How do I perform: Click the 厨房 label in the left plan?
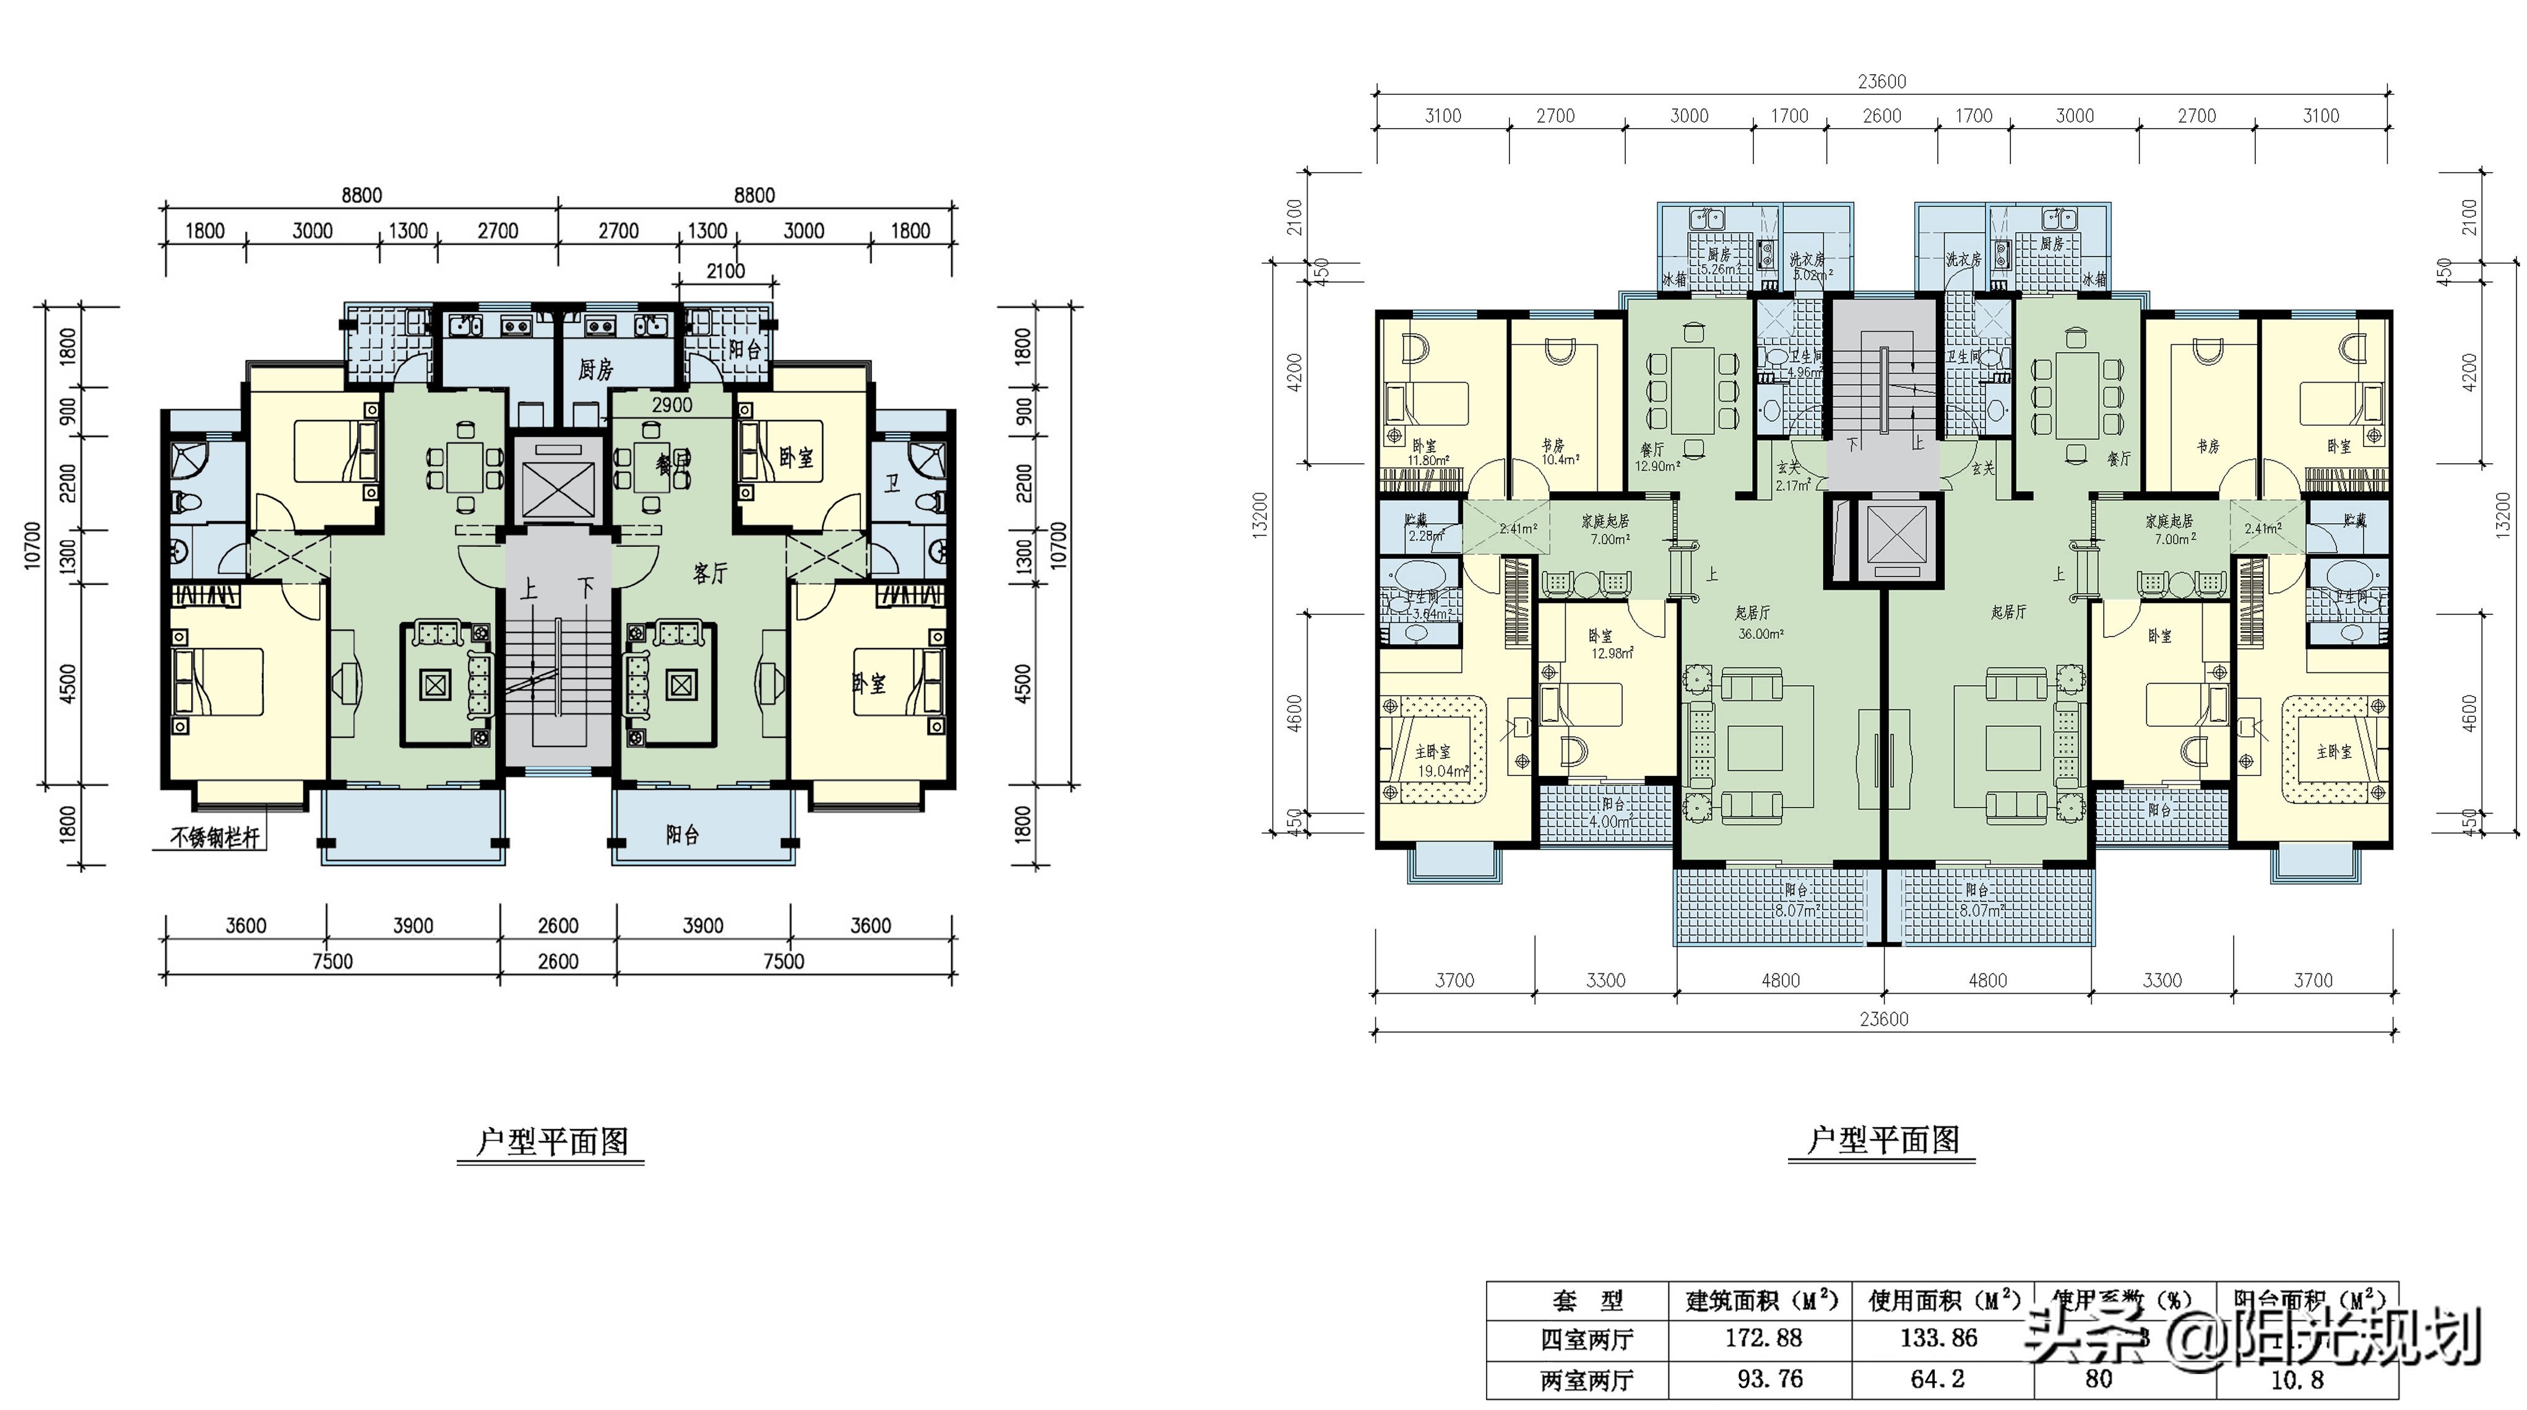pos(595,370)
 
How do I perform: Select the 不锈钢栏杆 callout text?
pos(215,838)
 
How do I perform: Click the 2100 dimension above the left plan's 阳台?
pos(726,271)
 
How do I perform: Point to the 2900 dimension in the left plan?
pos(672,404)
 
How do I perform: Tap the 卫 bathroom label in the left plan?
pos(892,483)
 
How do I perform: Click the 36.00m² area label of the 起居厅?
pos(1761,634)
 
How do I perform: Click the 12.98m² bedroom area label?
pos(1612,653)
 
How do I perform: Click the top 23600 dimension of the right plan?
pos(1881,82)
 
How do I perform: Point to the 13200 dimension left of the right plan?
pos(1261,513)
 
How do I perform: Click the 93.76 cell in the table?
pos(1769,1380)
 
